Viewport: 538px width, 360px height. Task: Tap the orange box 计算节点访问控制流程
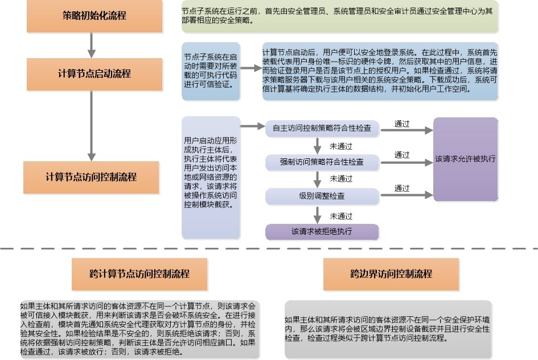[91, 177]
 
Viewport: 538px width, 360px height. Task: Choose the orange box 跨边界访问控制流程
[391, 274]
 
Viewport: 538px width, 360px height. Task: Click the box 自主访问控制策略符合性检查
[322, 129]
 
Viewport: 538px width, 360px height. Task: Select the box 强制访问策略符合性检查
[322, 162]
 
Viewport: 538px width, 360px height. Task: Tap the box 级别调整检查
[322, 196]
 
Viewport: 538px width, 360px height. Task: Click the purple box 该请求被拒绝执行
[322, 232]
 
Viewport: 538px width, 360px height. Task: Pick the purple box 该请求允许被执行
[465, 159]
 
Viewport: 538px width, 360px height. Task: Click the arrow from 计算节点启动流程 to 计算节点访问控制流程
[91, 125]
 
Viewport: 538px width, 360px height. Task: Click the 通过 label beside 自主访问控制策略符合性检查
[402, 123]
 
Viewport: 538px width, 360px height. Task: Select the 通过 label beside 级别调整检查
[402, 189]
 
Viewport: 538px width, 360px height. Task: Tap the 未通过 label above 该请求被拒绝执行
[341, 216]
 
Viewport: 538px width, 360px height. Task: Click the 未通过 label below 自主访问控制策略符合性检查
[341, 146]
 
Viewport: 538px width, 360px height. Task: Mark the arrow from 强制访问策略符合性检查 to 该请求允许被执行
[405, 163]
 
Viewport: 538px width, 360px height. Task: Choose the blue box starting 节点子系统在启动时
[211, 71]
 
